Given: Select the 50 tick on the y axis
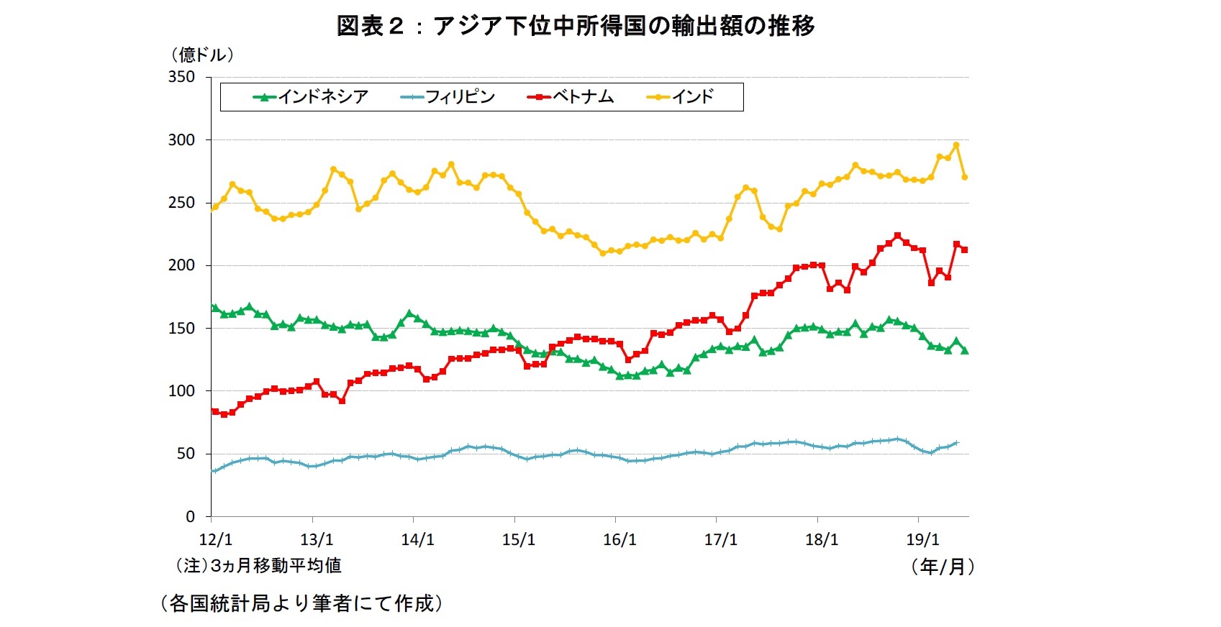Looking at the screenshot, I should (x=185, y=454).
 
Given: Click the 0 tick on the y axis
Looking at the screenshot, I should (x=190, y=516).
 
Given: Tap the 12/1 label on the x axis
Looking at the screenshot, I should (x=215, y=540).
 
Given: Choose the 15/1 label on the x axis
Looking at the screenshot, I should (x=518, y=540).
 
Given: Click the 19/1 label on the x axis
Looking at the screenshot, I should (x=922, y=540).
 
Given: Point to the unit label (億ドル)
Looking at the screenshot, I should (x=202, y=55).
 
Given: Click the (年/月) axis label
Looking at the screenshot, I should (x=943, y=567).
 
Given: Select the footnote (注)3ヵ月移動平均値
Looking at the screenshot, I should (x=258, y=566).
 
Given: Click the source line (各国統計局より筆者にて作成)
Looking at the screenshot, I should (x=300, y=603).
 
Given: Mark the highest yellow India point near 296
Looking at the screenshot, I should (x=956, y=145).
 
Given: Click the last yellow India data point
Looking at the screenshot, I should (x=965, y=177).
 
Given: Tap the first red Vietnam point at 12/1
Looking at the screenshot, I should (x=214, y=411).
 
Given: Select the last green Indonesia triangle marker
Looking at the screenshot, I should (x=965, y=350).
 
